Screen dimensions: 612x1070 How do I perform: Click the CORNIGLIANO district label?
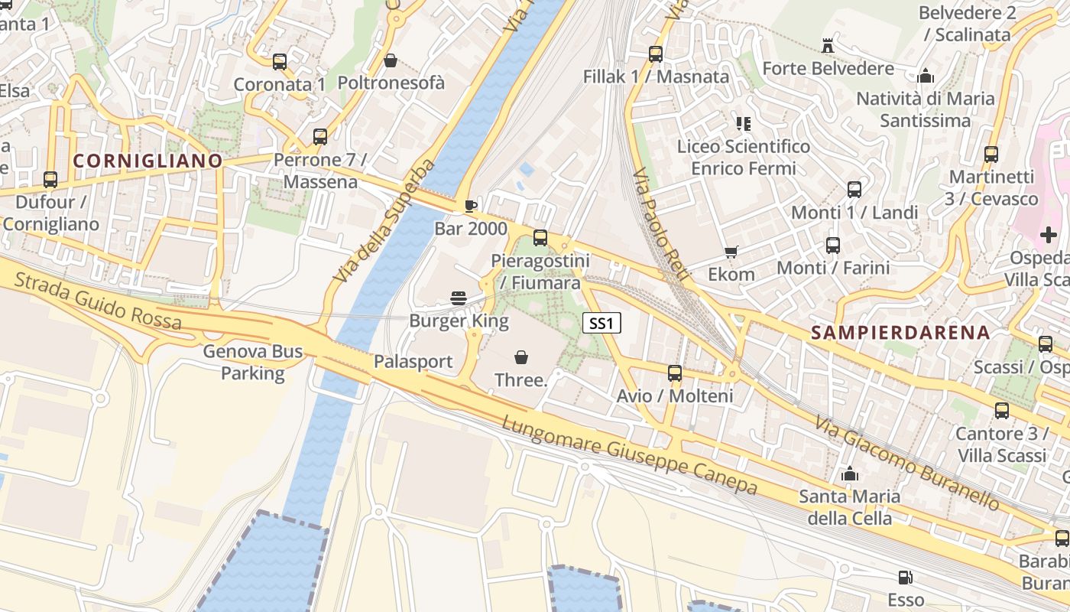click(148, 161)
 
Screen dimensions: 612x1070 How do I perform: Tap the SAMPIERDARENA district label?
click(900, 333)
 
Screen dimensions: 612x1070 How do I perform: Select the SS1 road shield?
click(601, 324)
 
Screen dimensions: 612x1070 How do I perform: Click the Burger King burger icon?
click(459, 298)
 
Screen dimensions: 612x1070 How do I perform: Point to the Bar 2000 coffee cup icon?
click(471, 206)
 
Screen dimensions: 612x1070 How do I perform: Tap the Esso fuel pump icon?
click(906, 577)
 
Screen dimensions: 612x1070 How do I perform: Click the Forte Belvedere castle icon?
click(827, 46)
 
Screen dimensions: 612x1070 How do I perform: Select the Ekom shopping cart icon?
click(731, 252)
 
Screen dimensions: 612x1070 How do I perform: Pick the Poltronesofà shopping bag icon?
click(391, 60)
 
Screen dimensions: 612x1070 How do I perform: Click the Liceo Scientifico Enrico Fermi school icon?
click(743, 123)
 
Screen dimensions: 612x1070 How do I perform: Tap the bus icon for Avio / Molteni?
click(675, 373)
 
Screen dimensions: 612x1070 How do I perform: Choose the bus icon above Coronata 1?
click(280, 62)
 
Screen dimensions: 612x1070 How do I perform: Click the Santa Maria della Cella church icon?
click(849, 474)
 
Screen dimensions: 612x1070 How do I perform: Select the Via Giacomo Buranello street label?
click(906, 464)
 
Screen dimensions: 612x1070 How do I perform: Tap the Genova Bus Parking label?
click(253, 363)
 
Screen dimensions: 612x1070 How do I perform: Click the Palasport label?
click(413, 362)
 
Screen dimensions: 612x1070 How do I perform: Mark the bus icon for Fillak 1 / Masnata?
click(656, 54)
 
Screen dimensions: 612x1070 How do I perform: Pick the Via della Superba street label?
click(384, 222)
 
